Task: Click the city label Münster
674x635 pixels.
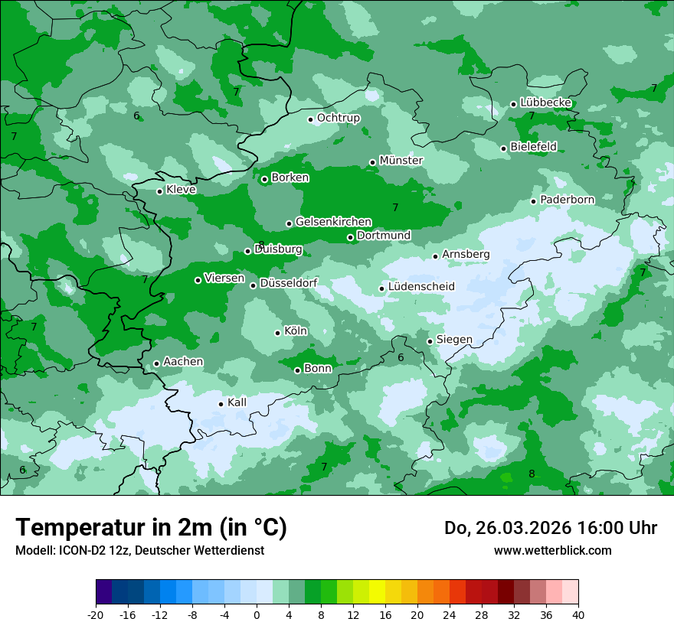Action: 401,161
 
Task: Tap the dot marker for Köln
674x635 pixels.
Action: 277,333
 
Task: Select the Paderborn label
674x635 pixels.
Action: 567,200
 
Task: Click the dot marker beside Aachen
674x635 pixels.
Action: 156,364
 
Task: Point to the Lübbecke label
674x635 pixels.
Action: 545,103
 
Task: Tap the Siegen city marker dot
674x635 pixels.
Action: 430,342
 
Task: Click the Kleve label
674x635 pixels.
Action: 181,190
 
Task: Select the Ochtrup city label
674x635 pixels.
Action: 338,118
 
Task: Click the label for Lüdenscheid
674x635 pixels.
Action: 421,287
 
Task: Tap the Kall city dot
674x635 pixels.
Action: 221,404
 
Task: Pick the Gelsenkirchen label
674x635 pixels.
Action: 333,222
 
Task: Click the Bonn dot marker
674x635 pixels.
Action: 297,370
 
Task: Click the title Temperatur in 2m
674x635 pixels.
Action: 151,527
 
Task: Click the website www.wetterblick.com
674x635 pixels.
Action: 552,550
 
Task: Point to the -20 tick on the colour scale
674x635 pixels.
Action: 96,615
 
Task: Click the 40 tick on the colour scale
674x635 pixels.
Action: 578,615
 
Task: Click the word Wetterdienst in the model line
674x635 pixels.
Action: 229,550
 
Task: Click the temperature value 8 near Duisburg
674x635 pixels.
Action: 261,245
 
